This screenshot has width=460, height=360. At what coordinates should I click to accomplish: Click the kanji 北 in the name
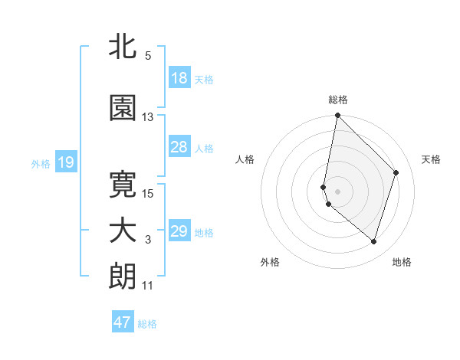(123, 47)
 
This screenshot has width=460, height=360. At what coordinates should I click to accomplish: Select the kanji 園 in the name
(123, 109)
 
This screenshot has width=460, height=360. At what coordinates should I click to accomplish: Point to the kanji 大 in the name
(123, 231)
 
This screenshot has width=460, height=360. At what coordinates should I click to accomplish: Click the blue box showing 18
(179, 78)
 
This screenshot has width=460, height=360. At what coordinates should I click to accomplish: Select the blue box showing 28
(179, 147)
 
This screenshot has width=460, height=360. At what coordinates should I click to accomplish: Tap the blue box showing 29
(179, 231)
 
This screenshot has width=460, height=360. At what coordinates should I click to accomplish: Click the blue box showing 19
(65, 162)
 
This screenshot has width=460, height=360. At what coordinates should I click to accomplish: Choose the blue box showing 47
(123, 322)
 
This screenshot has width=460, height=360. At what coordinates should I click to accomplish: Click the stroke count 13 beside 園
(148, 117)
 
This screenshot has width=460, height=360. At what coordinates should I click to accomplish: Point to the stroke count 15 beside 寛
(148, 193)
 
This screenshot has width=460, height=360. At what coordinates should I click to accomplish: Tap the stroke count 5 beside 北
(148, 56)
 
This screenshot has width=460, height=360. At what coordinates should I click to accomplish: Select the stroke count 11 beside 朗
(148, 286)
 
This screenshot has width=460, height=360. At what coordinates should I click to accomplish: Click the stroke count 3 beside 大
(148, 240)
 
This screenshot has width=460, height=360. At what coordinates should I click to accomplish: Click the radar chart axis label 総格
(338, 100)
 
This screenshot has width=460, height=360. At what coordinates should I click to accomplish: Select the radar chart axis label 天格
(432, 159)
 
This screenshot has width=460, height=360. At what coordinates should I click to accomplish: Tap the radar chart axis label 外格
(270, 262)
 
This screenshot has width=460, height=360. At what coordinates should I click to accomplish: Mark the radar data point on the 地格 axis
(373, 241)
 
